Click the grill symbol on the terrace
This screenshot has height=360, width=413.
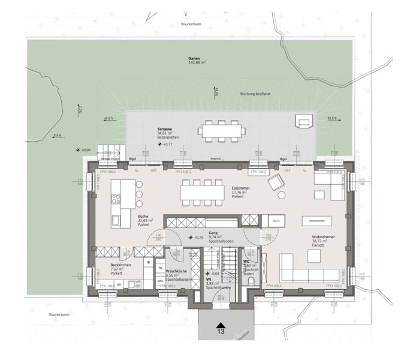point(305,124)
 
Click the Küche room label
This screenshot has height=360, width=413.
point(144,217)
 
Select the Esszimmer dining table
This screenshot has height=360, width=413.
point(198,191)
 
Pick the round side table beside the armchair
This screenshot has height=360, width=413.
point(281,196)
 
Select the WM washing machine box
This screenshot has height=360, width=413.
point(160,281)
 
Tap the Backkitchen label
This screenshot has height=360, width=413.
point(120,265)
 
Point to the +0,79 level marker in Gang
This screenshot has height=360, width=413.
point(196,238)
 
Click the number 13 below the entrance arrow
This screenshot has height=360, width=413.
point(221,331)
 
